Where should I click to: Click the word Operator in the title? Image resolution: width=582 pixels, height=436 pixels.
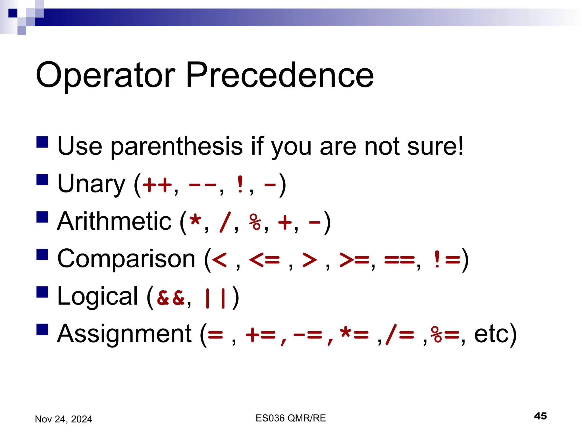105,75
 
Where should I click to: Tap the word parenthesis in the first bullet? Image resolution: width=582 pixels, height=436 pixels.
176,146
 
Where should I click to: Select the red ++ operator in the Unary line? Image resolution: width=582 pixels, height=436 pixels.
157,185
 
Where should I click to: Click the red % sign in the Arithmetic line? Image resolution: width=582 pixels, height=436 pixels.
255,222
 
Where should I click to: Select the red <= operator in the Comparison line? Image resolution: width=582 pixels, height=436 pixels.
264,259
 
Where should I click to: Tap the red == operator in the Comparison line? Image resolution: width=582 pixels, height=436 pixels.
399,259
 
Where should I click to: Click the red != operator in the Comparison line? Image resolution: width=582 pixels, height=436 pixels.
447,259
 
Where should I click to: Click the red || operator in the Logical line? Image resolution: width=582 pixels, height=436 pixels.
215,298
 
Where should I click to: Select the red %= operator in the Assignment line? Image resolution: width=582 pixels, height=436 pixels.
445,334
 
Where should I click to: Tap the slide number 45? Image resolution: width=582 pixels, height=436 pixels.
540,416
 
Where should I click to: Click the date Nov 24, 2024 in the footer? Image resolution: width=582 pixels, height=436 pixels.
63,419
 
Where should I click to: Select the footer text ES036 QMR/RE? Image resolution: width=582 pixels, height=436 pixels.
290,418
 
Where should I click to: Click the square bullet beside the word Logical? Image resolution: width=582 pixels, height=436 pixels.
42,292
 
